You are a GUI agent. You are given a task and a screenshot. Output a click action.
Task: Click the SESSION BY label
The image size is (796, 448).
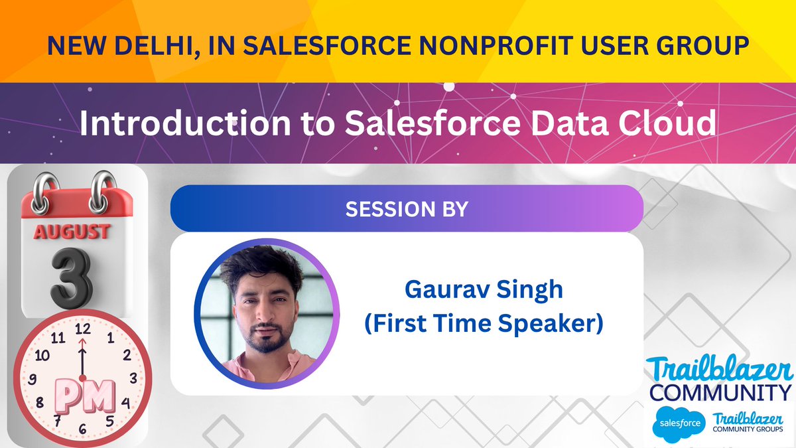tap(407, 209)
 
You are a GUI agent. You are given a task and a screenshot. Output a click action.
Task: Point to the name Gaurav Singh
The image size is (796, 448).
tap(484, 291)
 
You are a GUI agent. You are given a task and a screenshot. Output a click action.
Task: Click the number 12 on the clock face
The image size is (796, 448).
tap(83, 328)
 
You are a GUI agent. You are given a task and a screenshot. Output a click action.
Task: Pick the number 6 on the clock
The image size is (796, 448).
tap(82, 429)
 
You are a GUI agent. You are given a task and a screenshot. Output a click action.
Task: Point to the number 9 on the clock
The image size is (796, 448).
tap(32, 380)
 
